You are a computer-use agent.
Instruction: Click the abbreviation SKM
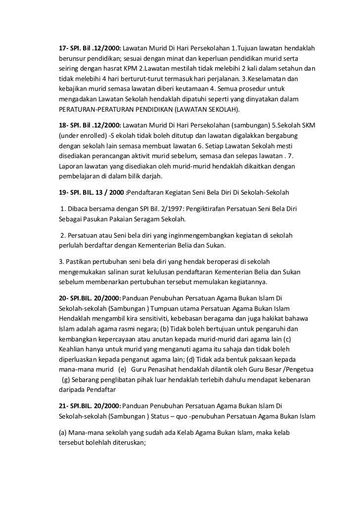(308, 125)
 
